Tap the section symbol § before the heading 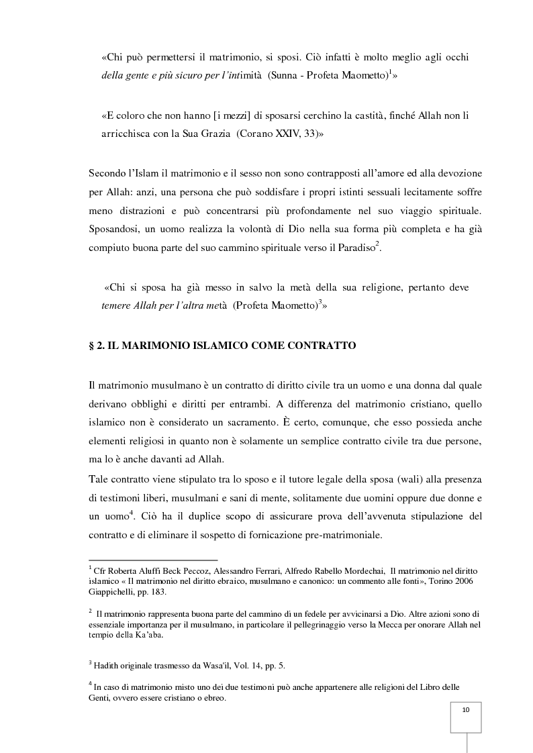92,346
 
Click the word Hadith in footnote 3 105,664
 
